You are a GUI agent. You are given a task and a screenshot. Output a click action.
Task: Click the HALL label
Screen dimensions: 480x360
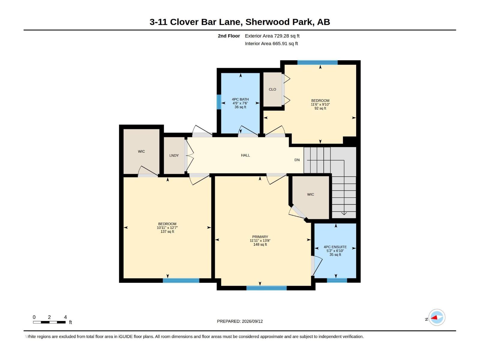click(245, 155)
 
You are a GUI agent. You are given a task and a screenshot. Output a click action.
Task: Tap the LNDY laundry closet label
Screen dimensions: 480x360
click(174, 155)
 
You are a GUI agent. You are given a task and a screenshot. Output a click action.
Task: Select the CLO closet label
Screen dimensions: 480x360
click(272, 89)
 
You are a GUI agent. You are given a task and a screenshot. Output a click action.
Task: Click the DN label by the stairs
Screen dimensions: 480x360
click(297, 160)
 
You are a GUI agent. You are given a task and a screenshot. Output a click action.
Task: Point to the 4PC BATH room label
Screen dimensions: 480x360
click(240, 99)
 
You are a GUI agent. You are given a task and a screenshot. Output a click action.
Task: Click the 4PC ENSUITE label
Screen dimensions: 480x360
click(335, 247)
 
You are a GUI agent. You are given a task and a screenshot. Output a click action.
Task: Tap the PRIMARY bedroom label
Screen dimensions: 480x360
click(260, 237)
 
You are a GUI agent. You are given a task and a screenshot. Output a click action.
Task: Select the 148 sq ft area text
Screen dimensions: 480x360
click(260, 244)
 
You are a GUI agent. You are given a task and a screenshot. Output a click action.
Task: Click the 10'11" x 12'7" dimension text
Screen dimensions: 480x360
click(167, 227)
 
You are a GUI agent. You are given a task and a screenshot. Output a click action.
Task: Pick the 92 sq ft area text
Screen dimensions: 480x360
click(320, 108)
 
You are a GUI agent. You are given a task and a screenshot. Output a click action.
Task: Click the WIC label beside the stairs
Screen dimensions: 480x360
click(310, 194)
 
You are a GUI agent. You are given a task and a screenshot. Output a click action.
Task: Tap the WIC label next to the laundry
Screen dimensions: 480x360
click(141, 151)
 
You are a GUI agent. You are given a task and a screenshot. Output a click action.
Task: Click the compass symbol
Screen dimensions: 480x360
click(437, 317)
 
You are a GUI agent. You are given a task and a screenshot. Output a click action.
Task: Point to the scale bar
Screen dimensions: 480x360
click(49, 322)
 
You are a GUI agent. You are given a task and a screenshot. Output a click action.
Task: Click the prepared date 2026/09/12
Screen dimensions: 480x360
click(252, 321)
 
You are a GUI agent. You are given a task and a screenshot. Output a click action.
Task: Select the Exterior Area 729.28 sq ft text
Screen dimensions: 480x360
click(272, 36)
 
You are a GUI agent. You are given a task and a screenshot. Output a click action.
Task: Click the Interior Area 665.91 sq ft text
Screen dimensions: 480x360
click(271, 43)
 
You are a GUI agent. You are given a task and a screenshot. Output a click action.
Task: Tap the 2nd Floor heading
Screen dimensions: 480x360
click(229, 36)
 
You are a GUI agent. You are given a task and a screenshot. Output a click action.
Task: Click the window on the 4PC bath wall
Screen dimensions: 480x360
click(219, 102)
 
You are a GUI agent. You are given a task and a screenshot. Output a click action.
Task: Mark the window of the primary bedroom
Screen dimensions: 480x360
click(266, 288)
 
